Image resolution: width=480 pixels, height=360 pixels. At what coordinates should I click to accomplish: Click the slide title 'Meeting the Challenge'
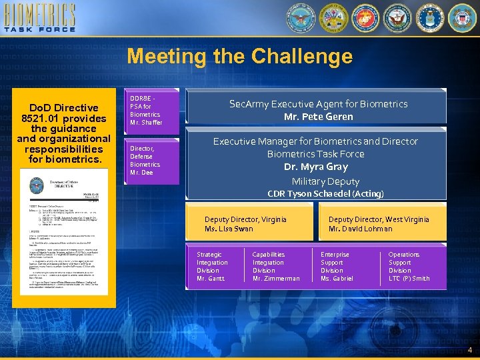(x=239, y=57)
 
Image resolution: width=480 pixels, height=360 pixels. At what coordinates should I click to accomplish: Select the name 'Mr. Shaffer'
(x=146, y=123)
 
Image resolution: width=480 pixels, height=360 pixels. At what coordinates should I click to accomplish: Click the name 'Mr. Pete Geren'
(x=318, y=117)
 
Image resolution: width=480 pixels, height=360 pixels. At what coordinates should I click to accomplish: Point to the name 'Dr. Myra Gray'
(x=315, y=167)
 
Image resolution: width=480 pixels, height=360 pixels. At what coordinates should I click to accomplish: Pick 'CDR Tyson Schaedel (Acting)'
(x=325, y=194)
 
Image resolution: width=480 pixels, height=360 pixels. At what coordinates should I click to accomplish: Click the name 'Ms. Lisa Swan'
(x=229, y=229)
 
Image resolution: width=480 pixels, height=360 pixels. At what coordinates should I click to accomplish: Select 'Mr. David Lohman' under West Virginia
(x=360, y=229)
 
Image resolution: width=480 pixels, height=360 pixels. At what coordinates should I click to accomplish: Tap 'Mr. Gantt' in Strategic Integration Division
(x=211, y=279)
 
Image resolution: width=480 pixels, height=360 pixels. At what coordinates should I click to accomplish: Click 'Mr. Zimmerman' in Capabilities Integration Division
(x=275, y=279)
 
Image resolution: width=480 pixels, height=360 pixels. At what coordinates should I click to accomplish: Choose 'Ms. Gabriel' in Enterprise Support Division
(x=337, y=279)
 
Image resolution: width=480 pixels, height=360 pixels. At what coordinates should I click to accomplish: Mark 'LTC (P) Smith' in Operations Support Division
(x=409, y=279)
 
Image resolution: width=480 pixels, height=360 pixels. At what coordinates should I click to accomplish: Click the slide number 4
(x=469, y=350)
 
